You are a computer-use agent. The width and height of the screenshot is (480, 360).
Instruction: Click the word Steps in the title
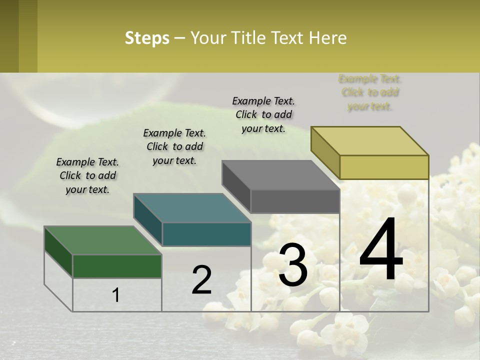(x=147, y=38)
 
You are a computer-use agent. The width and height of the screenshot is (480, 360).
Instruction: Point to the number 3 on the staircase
(x=293, y=265)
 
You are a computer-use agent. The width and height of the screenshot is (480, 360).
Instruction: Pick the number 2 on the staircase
(x=201, y=280)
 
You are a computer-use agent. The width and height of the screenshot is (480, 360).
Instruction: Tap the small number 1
(x=116, y=295)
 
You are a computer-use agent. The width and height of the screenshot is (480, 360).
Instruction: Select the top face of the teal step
(x=192, y=207)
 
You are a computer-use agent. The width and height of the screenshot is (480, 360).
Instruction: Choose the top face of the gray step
(x=281, y=175)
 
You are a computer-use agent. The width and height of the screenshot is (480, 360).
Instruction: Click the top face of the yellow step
(x=370, y=140)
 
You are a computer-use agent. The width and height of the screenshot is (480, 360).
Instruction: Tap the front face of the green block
(x=117, y=266)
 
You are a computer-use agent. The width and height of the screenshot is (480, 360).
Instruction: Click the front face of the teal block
(x=206, y=234)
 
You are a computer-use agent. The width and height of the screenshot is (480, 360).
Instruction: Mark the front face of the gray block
(x=295, y=201)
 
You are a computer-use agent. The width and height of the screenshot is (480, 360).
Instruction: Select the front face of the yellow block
(x=384, y=167)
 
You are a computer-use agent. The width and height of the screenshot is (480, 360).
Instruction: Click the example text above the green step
(x=87, y=175)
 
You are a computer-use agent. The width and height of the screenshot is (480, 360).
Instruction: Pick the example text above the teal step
(x=174, y=146)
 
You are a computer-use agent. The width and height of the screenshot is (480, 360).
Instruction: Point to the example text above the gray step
(x=263, y=114)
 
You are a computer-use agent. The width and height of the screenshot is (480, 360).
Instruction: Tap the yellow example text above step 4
(x=370, y=92)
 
